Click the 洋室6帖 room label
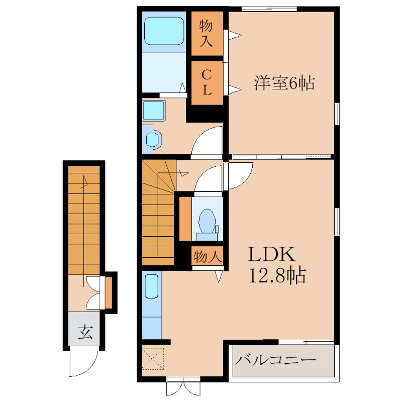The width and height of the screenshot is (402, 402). click(x=284, y=83)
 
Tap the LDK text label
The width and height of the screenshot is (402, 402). click(x=270, y=255)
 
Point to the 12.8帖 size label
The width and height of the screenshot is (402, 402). click(x=277, y=275)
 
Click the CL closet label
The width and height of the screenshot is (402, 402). click(x=207, y=82)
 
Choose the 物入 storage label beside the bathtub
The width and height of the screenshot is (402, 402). click(x=207, y=33)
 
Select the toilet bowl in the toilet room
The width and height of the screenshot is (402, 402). click(x=206, y=221)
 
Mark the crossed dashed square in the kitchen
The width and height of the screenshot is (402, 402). click(x=153, y=358)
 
